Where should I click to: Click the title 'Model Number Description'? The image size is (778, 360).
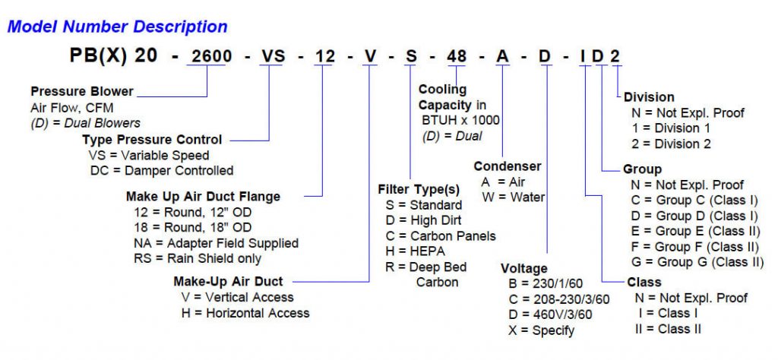tap(117, 27)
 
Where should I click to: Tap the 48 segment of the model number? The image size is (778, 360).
tap(456, 58)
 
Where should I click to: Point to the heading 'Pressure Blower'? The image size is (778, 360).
tap(82, 92)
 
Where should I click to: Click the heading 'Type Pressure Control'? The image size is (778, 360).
tap(152, 140)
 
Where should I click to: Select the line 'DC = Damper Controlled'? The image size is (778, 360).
tap(160, 170)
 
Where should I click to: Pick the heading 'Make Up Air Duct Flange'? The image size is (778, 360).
tap(203, 197)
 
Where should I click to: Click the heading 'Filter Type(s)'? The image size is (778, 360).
tap(419, 189)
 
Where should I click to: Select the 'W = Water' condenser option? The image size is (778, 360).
tap(513, 197)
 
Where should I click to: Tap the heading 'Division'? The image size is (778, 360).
tap(649, 97)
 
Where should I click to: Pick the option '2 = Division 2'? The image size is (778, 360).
tap(672, 143)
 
